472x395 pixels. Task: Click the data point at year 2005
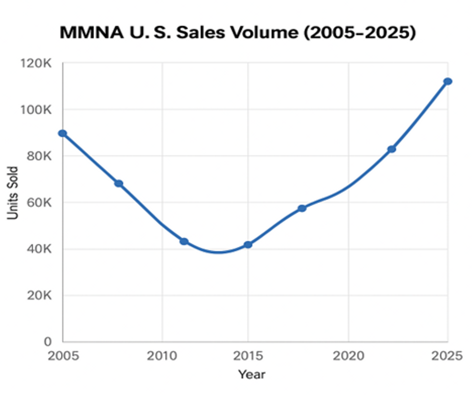pyautogui.click(x=63, y=133)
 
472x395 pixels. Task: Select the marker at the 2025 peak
pyautogui.click(x=448, y=81)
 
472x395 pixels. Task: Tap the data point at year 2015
pyautogui.click(x=248, y=245)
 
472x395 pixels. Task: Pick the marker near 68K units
pyautogui.click(x=119, y=183)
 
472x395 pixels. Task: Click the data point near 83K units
pyautogui.click(x=392, y=149)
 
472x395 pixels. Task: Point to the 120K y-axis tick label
pyautogui.click(x=36, y=63)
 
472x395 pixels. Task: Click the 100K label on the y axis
pyautogui.click(x=36, y=110)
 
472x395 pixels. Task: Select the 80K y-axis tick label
pyautogui.click(x=39, y=156)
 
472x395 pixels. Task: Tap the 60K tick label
pyautogui.click(x=39, y=203)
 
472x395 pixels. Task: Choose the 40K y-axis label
pyautogui.click(x=39, y=249)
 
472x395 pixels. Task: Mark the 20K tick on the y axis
pyautogui.click(x=39, y=295)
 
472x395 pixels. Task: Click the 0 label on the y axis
pyautogui.click(x=48, y=342)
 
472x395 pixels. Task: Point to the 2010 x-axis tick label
pyautogui.click(x=162, y=356)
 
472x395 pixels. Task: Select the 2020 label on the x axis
pyautogui.click(x=348, y=356)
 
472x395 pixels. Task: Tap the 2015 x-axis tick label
pyautogui.click(x=248, y=356)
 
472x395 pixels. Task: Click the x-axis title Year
pyautogui.click(x=252, y=374)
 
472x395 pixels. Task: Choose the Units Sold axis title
pyautogui.click(x=12, y=193)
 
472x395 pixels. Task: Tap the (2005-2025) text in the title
pyautogui.click(x=360, y=32)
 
